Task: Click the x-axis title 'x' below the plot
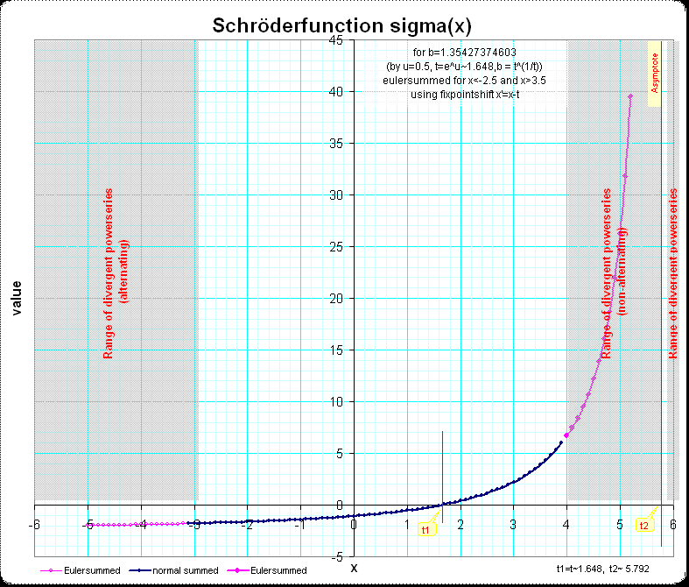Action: (x=354, y=568)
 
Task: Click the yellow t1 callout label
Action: (x=426, y=530)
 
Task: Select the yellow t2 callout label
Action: (x=644, y=526)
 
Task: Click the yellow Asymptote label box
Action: (x=653, y=74)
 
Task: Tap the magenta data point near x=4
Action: (x=567, y=435)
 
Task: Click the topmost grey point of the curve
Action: (x=630, y=95)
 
